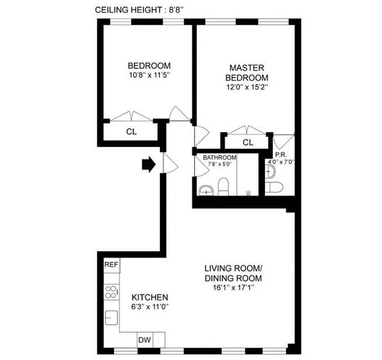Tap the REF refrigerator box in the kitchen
112,265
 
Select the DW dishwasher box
145,340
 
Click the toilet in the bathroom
223,187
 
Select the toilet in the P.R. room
274,187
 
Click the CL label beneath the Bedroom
131,132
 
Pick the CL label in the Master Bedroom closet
248,143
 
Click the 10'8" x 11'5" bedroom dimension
149,75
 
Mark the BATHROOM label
219,157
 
